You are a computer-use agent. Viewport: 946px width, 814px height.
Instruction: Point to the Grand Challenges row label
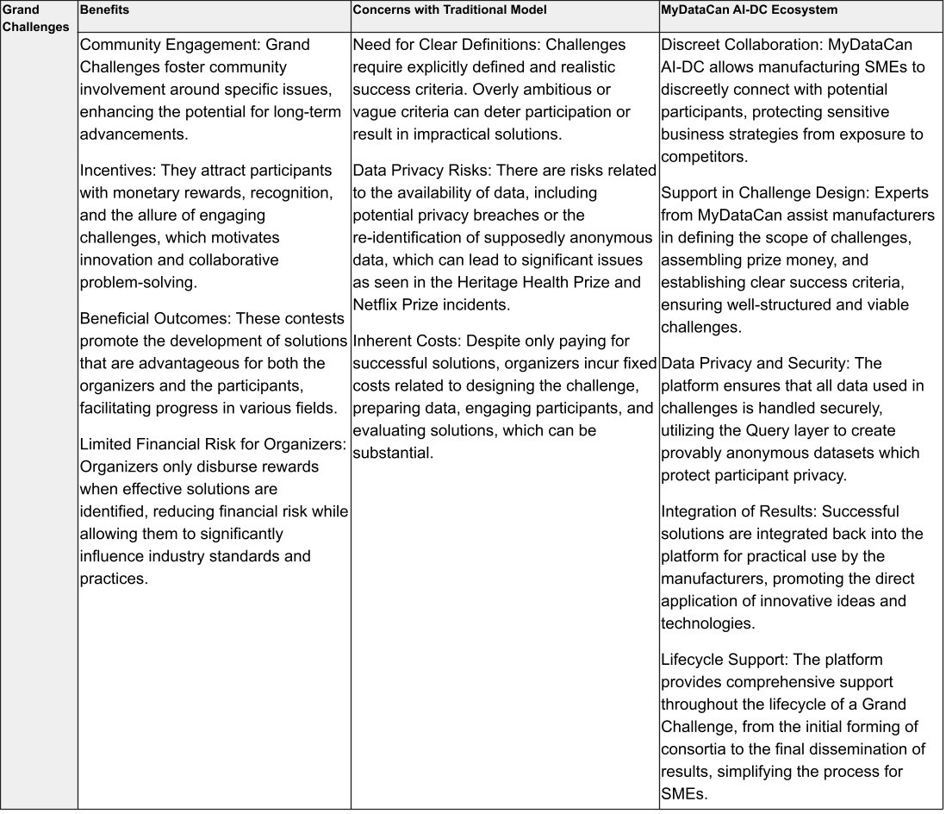click(38, 18)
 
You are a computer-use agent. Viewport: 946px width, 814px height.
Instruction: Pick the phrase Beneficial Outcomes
click(156, 318)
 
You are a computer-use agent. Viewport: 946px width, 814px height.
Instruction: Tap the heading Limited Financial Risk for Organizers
click(213, 444)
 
